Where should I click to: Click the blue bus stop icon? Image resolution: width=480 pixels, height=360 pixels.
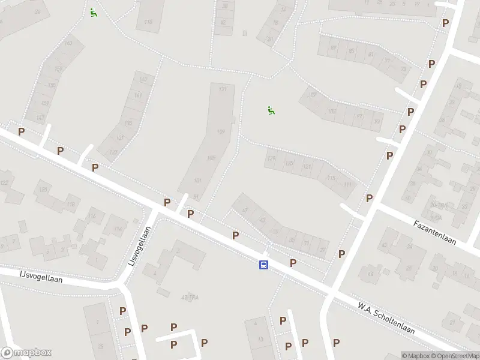pyautogui.click(x=263, y=265)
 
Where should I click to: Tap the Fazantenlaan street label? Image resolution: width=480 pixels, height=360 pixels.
pyautogui.click(x=435, y=233)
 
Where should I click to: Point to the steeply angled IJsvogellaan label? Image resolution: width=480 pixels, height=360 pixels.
pyautogui.click(x=138, y=246)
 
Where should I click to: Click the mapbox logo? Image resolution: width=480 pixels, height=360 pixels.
pyautogui.click(x=26, y=353)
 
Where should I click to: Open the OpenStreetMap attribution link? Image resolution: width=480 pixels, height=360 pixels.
pyautogui.click(x=454, y=356)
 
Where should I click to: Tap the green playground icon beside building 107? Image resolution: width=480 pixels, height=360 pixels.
pyautogui.click(x=271, y=110)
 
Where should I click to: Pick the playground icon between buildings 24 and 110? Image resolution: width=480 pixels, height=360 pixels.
pyautogui.click(x=93, y=12)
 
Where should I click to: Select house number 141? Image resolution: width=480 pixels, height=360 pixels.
pyautogui.click(x=138, y=95)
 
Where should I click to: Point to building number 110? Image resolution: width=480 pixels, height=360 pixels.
pyautogui.click(x=148, y=23)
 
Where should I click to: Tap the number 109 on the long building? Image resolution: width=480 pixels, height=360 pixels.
pyautogui.click(x=221, y=132)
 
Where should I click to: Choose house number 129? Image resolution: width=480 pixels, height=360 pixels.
pyautogui.click(x=272, y=158)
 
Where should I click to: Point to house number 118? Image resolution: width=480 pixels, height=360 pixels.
pyautogui.click(x=71, y=205)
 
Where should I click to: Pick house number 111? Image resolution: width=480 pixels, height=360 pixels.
pyautogui.click(x=347, y=184)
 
